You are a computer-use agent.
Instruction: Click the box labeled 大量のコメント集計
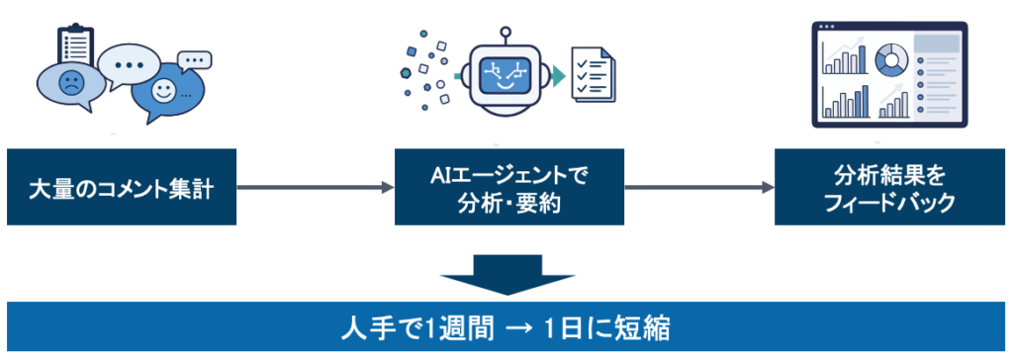tap(122, 187)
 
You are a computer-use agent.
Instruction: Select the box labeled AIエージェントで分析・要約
tap(509, 187)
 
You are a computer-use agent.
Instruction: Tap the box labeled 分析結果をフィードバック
tap(889, 187)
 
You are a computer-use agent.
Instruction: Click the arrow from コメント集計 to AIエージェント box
tap(316, 188)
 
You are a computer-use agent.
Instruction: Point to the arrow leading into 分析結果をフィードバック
tap(699, 188)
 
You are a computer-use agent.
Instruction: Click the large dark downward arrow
tap(507, 274)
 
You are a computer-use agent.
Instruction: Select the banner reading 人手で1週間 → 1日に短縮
tap(506, 327)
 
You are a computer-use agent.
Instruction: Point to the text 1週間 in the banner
tap(460, 328)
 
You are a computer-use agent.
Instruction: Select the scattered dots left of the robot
tap(426, 69)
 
